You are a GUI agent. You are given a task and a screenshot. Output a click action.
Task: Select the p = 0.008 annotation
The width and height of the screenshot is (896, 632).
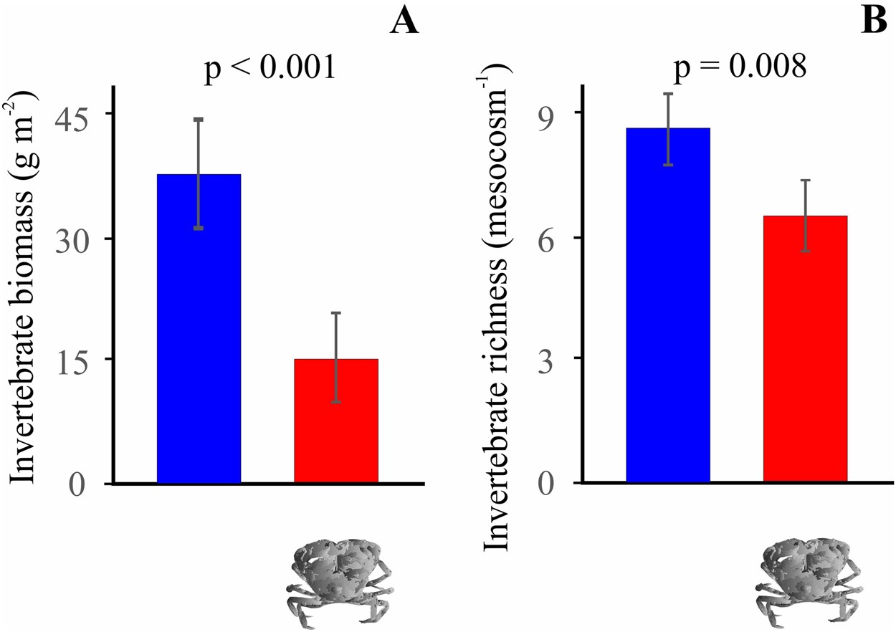(738, 70)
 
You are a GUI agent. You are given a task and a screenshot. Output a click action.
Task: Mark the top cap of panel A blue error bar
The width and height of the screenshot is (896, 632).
(199, 119)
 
